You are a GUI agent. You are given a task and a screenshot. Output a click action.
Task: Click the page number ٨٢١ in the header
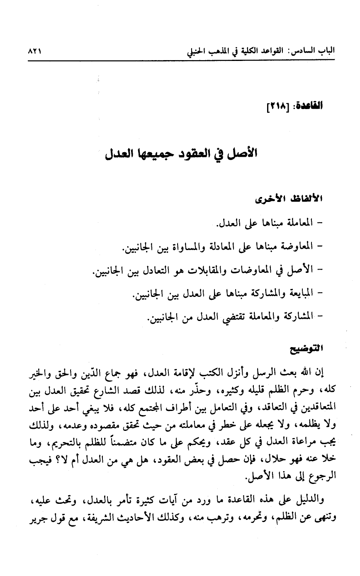(x=35, y=53)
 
